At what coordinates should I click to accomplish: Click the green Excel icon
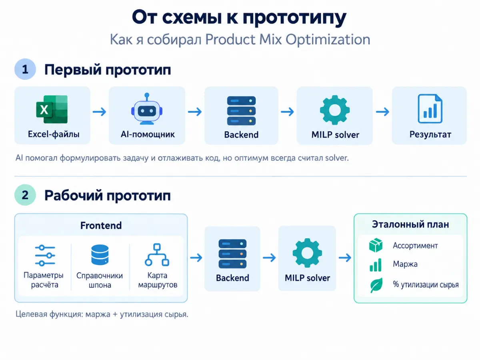pyautogui.click(x=52, y=109)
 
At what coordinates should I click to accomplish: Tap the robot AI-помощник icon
pyautogui.click(x=147, y=109)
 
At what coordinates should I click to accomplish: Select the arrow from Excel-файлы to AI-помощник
pyautogui.click(x=100, y=112)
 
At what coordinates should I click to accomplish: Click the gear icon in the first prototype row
pyautogui.click(x=335, y=110)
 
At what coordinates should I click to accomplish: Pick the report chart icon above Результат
pyautogui.click(x=430, y=109)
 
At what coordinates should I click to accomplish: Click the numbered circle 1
pyautogui.click(x=25, y=69)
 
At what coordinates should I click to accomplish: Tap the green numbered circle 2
pyautogui.click(x=25, y=195)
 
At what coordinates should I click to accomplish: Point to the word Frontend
pyautogui.click(x=101, y=226)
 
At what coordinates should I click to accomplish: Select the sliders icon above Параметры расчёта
pyautogui.click(x=45, y=256)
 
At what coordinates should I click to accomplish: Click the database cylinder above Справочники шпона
pyautogui.click(x=100, y=255)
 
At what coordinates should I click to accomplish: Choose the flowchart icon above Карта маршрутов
pyautogui.click(x=157, y=255)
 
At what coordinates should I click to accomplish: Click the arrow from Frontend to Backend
pyautogui.click(x=196, y=258)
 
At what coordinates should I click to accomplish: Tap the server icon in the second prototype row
pyautogui.click(x=232, y=254)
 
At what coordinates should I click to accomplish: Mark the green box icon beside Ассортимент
pyautogui.click(x=376, y=245)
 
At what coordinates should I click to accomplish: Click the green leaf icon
pyautogui.click(x=376, y=285)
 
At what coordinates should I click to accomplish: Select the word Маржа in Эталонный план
pyautogui.click(x=405, y=264)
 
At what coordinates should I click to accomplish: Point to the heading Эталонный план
pyautogui.click(x=410, y=224)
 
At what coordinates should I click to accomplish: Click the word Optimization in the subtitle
pyautogui.click(x=328, y=40)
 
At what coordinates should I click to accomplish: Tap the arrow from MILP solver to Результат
pyautogui.click(x=382, y=112)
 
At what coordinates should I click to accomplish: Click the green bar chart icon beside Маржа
pyautogui.click(x=376, y=265)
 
